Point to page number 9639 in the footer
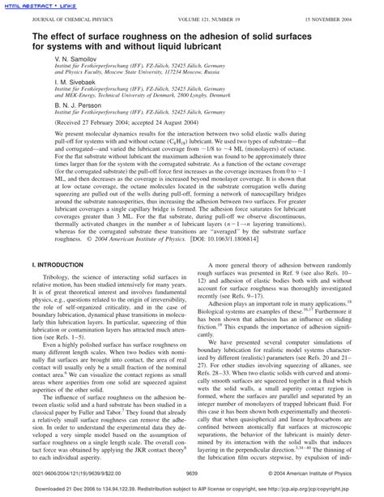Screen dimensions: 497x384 pos(192,470)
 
